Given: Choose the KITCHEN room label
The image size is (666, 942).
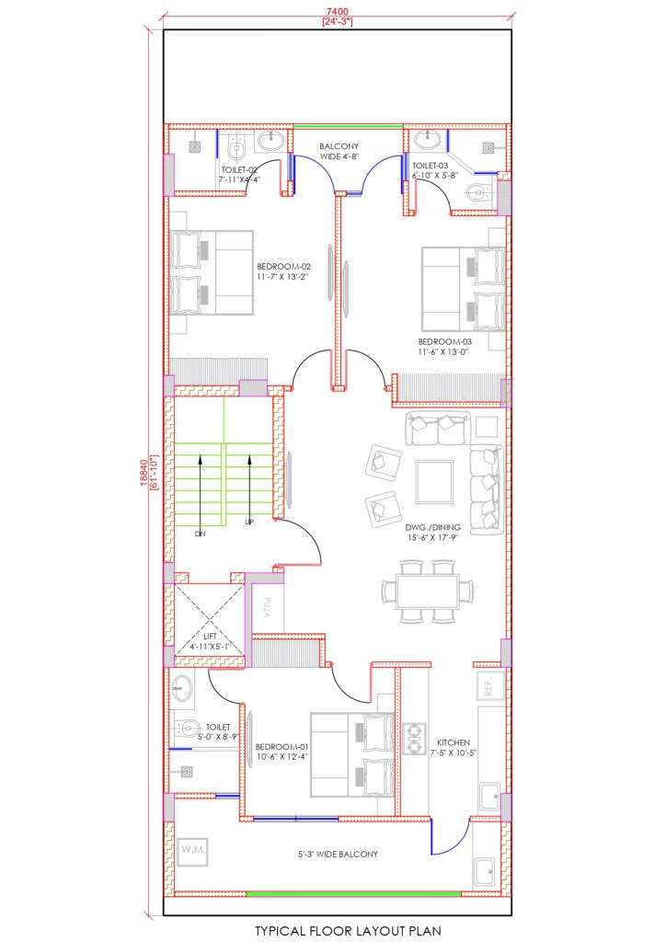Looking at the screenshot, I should tap(455, 741).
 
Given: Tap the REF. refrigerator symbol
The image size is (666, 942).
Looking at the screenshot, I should tap(488, 685).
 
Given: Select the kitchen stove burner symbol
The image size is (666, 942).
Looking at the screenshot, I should tap(416, 734).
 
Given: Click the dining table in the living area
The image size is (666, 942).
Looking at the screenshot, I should tap(428, 591).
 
